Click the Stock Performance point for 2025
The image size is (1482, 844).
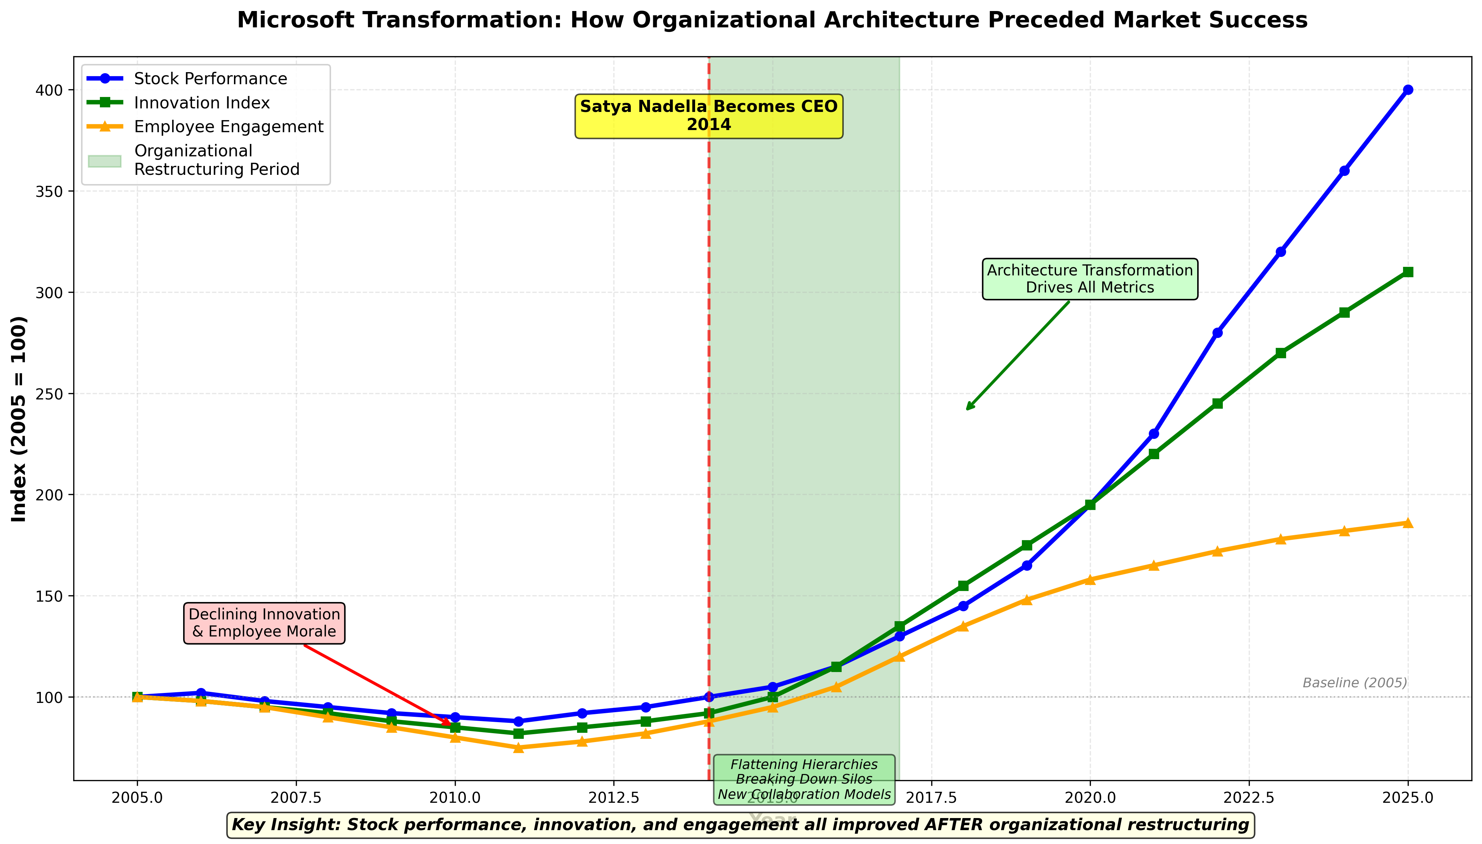[1408, 90]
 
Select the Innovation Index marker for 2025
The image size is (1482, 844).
[1408, 272]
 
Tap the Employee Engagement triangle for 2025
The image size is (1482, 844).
[1408, 523]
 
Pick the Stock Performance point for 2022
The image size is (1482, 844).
[1217, 333]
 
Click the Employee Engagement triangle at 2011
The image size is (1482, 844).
[518, 747]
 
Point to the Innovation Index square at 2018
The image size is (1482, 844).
[963, 585]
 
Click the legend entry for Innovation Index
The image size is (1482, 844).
[201, 103]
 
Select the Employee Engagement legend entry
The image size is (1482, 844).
[228, 127]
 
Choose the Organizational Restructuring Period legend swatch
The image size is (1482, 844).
[105, 161]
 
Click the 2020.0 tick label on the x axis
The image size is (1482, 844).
[1089, 798]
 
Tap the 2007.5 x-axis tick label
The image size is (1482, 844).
[296, 798]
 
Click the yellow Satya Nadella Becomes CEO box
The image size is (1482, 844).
[709, 116]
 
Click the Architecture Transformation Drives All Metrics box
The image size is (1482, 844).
[1089, 279]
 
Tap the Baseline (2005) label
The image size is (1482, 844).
[1354, 683]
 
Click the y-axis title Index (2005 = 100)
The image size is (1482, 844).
[19, 419]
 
